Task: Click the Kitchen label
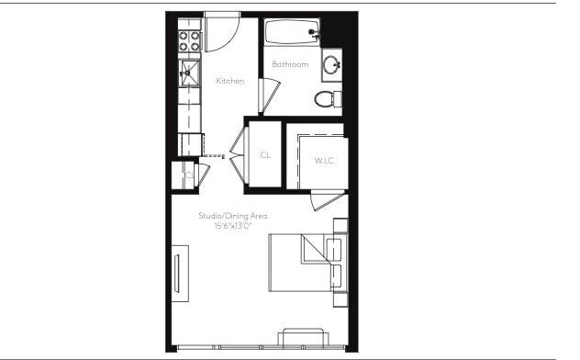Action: click(230, 82)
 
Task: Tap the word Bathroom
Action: click(290, 64)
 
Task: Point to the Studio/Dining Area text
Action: click(233, 216)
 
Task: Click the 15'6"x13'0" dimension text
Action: click(233, 225)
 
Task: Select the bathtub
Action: click(292, 33)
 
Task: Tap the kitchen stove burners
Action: click(189, 41)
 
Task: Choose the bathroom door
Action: click(268, 96)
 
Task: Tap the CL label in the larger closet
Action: click(265, 155)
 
